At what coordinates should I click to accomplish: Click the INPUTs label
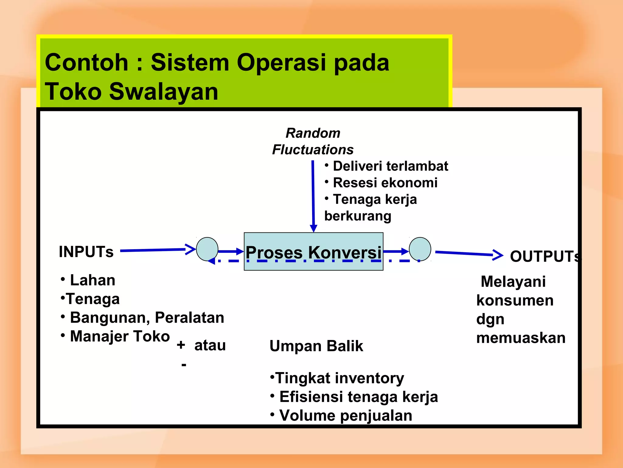pos(86,252)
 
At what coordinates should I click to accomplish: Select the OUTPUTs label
pos(545,256)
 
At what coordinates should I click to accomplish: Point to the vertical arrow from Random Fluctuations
pos(313,195)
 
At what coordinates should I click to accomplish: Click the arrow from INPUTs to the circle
pos(157,250)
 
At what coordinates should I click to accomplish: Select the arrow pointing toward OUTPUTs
pos(468,253)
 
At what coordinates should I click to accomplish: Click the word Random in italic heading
pos(313,133)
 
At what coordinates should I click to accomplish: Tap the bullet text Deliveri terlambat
pos(390,166)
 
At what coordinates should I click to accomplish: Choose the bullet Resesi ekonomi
pos(385,183)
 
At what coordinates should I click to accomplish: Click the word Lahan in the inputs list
pos(92,280)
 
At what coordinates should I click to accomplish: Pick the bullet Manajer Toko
pos(120,336)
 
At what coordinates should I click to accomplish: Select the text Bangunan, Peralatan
pos(147,317)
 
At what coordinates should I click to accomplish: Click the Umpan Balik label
pos(316,346)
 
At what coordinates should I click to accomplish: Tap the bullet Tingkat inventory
pos(339,378)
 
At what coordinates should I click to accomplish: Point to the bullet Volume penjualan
pos(345,416)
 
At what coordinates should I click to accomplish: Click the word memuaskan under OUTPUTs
pos(520,338)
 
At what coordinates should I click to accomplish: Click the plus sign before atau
pos(181,345)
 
